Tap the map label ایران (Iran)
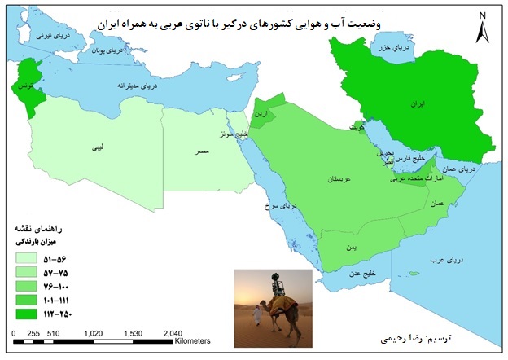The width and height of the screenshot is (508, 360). click(440, 106)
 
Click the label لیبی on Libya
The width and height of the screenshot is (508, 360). click(97, 148)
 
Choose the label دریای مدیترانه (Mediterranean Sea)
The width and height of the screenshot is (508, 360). click(131, 86)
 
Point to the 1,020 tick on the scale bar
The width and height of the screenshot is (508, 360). click(94, 333)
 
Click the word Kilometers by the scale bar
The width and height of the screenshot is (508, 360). click(193, 341)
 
